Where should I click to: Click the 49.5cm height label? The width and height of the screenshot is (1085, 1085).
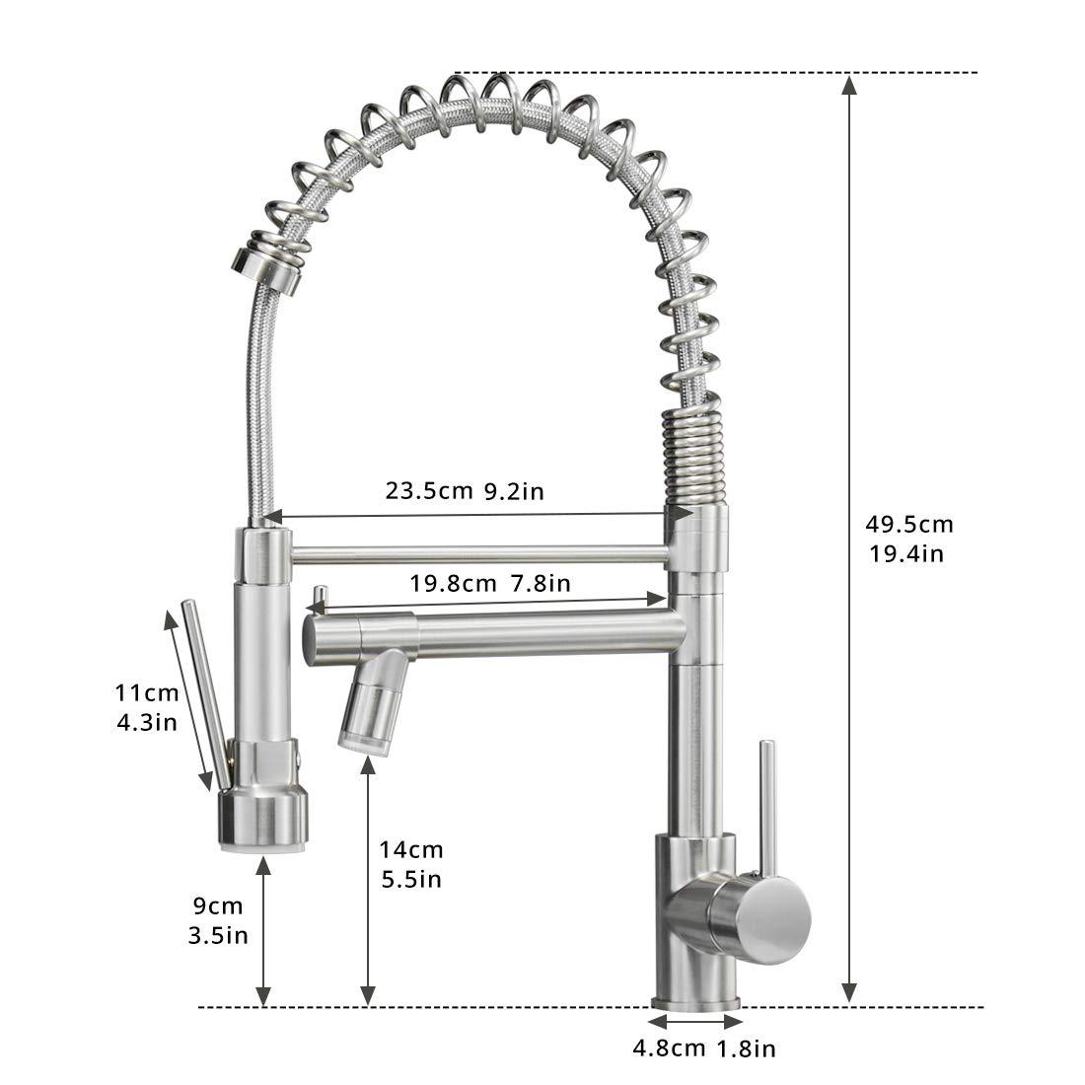click(909, 525)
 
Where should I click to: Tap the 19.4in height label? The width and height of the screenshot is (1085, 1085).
click(906, 553)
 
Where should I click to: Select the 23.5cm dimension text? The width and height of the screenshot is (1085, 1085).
click(429, 491)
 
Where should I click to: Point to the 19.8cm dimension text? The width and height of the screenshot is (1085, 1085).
click(454, 583)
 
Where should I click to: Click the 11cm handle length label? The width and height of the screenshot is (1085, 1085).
click(147, 692)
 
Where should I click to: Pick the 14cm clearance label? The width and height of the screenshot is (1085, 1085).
click(411, 849)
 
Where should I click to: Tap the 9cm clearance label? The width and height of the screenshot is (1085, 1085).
click(218, 905)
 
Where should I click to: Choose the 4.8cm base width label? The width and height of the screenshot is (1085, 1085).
click(669, 1049)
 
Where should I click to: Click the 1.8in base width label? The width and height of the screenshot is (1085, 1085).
click(746, 1049)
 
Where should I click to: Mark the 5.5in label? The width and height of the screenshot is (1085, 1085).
click(411, 880)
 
